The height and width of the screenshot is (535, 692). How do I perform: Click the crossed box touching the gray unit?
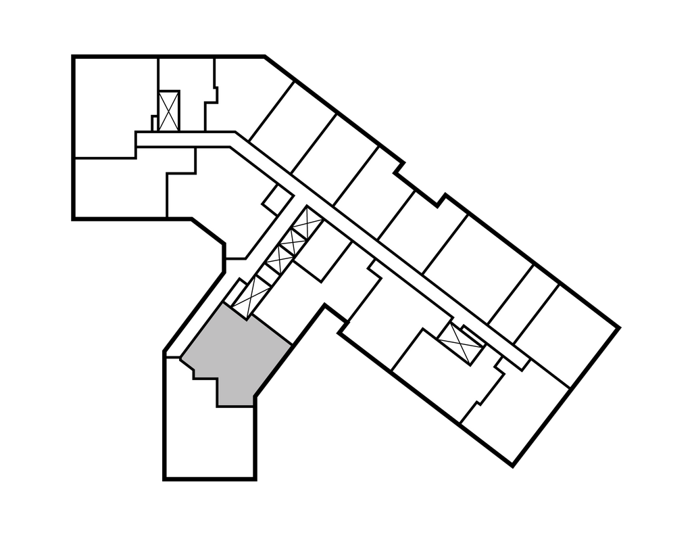point(248,294)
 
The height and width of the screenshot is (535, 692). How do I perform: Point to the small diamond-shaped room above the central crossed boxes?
point(277,198)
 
